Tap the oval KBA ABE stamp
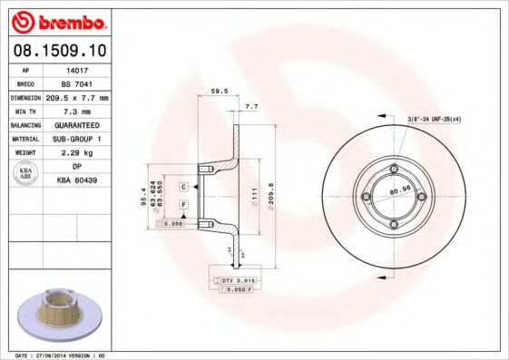26,174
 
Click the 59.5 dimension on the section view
219,91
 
